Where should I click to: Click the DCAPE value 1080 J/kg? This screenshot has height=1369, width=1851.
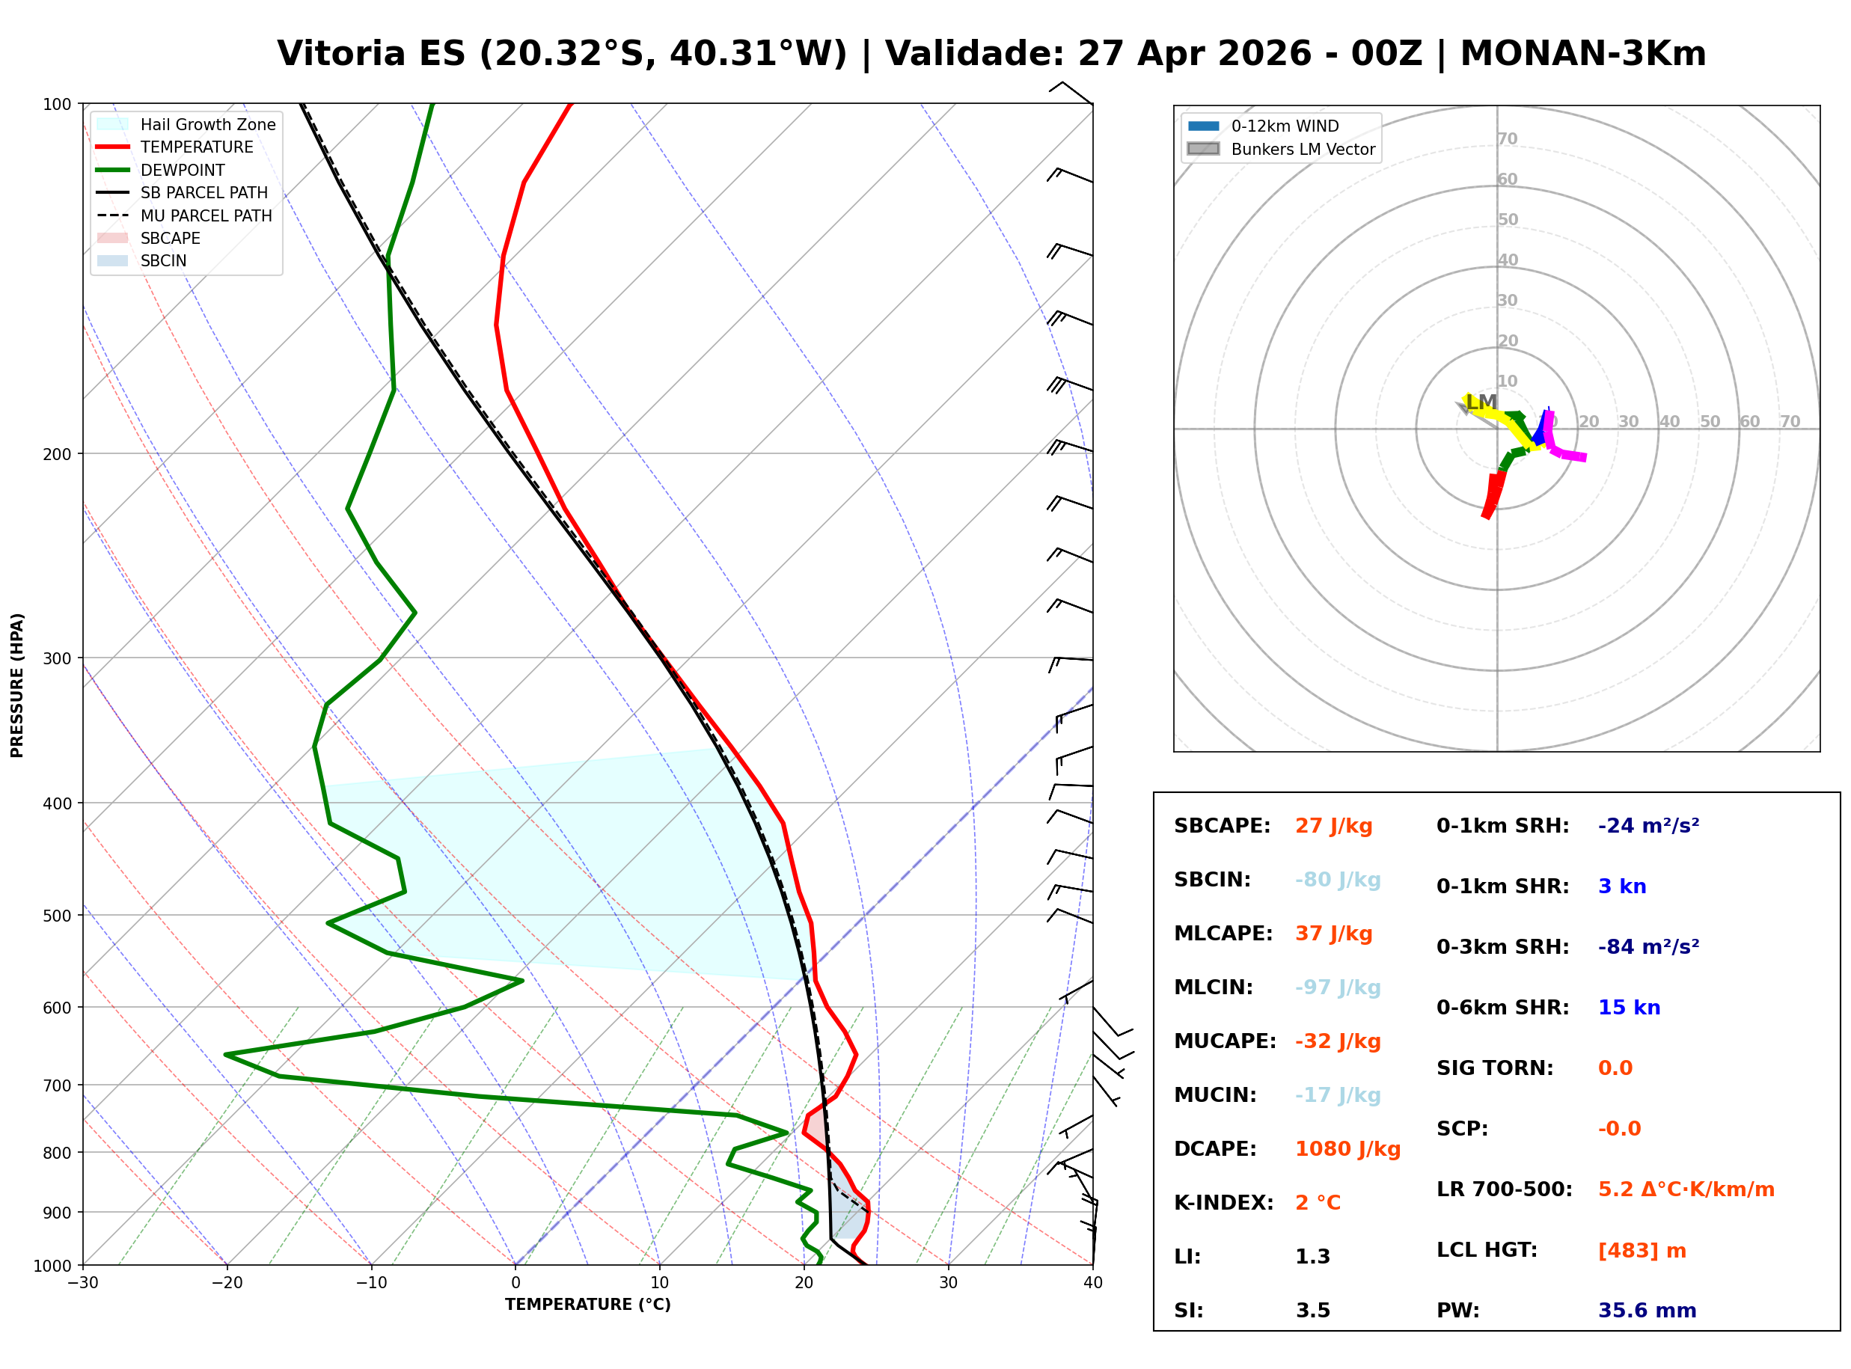point(1347,1148)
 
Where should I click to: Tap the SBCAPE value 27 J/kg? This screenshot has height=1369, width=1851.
point(1333,825)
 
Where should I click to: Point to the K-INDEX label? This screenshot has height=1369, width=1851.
point(1223,1202)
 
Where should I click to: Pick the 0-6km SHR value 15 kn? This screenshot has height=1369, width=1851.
point(1628,1007)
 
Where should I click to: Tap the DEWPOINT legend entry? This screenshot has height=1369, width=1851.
point(183,170)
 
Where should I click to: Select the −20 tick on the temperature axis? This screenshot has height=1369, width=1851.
point(226,1283)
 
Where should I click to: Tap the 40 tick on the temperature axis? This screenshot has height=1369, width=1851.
point(1092,1283)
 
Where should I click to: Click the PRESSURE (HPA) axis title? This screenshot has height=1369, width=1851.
point(17,684)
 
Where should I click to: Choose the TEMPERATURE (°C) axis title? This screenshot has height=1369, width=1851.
point(587,1305)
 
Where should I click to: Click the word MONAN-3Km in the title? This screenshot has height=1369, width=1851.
point(1582,54)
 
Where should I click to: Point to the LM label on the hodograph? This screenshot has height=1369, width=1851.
point(1481,402)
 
